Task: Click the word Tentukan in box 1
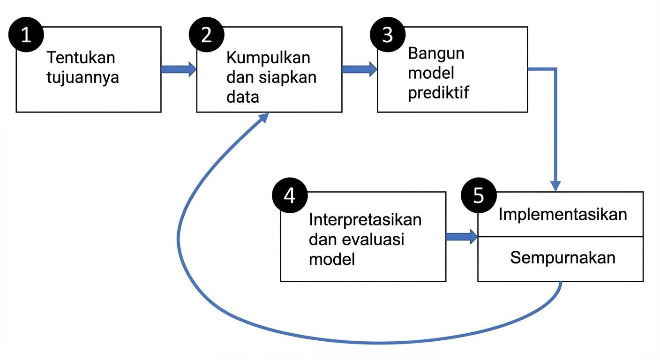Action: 81,58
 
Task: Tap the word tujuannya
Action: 83,77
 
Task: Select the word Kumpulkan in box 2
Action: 268,58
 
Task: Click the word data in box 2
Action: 242,97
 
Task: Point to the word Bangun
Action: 436,53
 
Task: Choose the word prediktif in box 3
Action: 438,93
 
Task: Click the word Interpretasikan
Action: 365,220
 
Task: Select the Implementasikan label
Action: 562,214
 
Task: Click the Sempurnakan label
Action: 562,258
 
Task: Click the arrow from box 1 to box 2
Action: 178,69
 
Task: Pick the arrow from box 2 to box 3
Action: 360,69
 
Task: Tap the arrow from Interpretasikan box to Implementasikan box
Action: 461,237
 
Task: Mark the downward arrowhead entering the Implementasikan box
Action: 556,186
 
